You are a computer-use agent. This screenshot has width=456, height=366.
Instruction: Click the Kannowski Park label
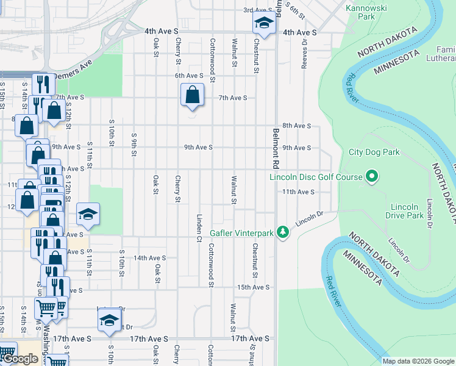click(369, 12)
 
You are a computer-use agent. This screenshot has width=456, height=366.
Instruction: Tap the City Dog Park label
click(374, 152)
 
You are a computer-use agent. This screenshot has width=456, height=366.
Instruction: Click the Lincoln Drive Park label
click(405, 211)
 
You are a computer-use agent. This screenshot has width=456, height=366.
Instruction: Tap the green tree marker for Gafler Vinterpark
click(282, 232)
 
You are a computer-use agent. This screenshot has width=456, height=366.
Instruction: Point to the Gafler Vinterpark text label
click(241, 233)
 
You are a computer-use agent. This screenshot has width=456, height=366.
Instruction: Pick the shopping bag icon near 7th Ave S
click(193, 95)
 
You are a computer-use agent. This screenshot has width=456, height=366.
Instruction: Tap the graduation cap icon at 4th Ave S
click(264, 24)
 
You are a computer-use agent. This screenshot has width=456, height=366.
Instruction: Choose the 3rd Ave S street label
click(257, 10)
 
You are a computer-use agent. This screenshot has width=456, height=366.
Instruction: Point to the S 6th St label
click(294, 9)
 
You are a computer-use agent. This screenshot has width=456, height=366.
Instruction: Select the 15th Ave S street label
click(253, 287)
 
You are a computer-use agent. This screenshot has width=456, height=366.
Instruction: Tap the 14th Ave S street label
click(149, 258)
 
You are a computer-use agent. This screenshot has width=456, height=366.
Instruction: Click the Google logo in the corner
click(20, 359)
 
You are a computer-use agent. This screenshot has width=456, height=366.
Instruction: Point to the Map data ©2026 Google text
click(418, 361)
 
